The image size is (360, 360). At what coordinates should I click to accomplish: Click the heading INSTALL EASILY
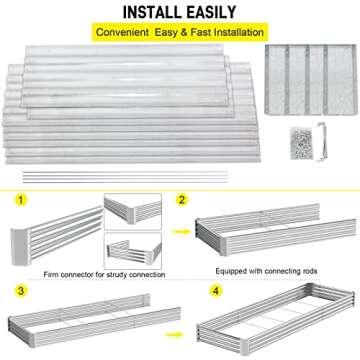(x=180, y=12)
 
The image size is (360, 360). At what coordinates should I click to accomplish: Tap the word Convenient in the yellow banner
(x=126, y=32)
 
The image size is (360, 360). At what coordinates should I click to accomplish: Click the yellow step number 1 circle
(x=19, y=200)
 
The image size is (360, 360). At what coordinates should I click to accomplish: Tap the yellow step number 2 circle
(x=181, y=200)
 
